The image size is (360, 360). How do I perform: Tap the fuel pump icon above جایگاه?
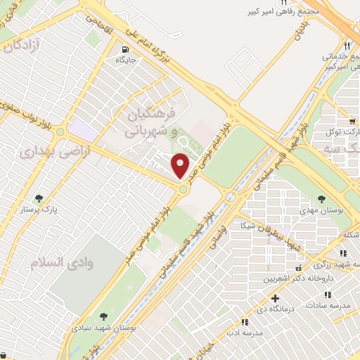pos(125,50)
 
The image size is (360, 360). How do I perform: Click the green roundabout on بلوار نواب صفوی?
pos(60,131)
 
